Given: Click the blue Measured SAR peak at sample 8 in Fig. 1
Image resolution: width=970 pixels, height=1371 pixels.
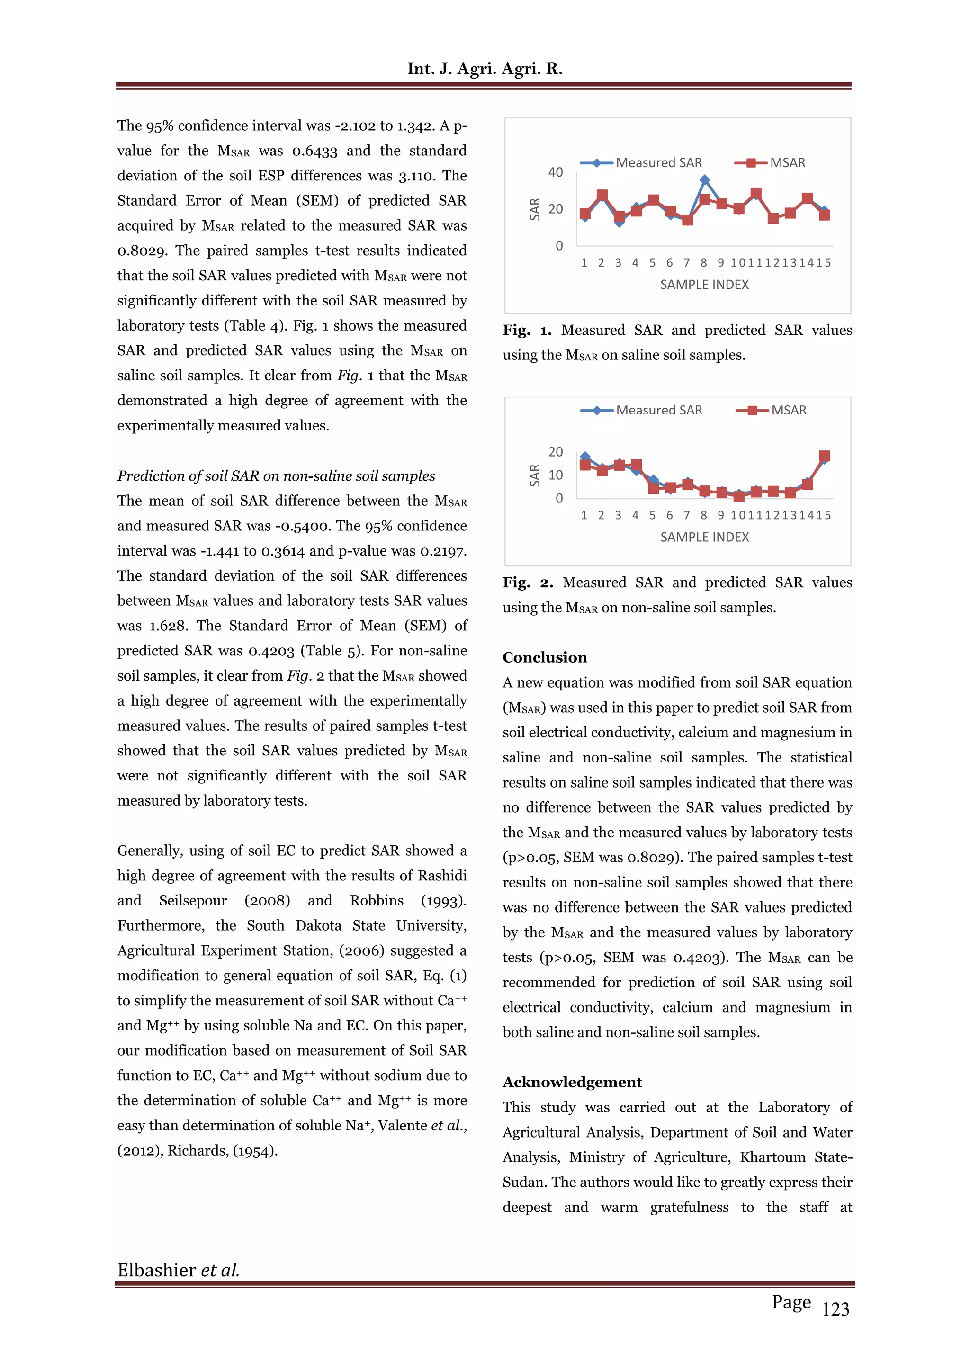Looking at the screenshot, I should tap(704, 179).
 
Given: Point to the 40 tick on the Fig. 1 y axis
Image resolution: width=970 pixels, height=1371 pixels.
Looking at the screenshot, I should tap(556, 172).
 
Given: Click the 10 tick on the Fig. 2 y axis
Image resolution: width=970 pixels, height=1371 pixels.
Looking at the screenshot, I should tap(556, 475).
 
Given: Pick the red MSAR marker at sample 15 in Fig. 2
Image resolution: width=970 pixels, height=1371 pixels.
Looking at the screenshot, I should tap(824, 456).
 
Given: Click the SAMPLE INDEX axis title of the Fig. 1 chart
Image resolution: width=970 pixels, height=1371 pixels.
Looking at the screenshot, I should tap(704, 285).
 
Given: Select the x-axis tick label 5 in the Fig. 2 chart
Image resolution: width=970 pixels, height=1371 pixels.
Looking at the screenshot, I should tap(652, 515).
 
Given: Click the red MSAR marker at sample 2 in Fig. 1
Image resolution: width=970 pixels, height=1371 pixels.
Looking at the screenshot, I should tap(602, 195).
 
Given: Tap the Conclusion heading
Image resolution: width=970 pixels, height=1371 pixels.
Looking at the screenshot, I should tap(545, 657).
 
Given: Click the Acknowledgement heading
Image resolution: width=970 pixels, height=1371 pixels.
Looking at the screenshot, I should tap(572, 1082).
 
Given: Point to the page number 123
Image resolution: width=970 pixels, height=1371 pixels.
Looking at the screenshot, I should tap(835, 1309).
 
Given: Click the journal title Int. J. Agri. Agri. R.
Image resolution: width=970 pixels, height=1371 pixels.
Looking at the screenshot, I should tap(485, 69).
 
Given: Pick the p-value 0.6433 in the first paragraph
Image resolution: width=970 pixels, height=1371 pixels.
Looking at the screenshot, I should tap(315, 151).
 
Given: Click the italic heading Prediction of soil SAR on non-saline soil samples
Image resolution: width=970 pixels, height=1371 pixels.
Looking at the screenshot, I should tap(276, 476).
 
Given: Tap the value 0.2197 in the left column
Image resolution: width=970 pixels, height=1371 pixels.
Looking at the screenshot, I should tap(442, 551).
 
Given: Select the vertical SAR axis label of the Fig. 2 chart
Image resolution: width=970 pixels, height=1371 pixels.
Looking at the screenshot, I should tap(535, 475).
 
